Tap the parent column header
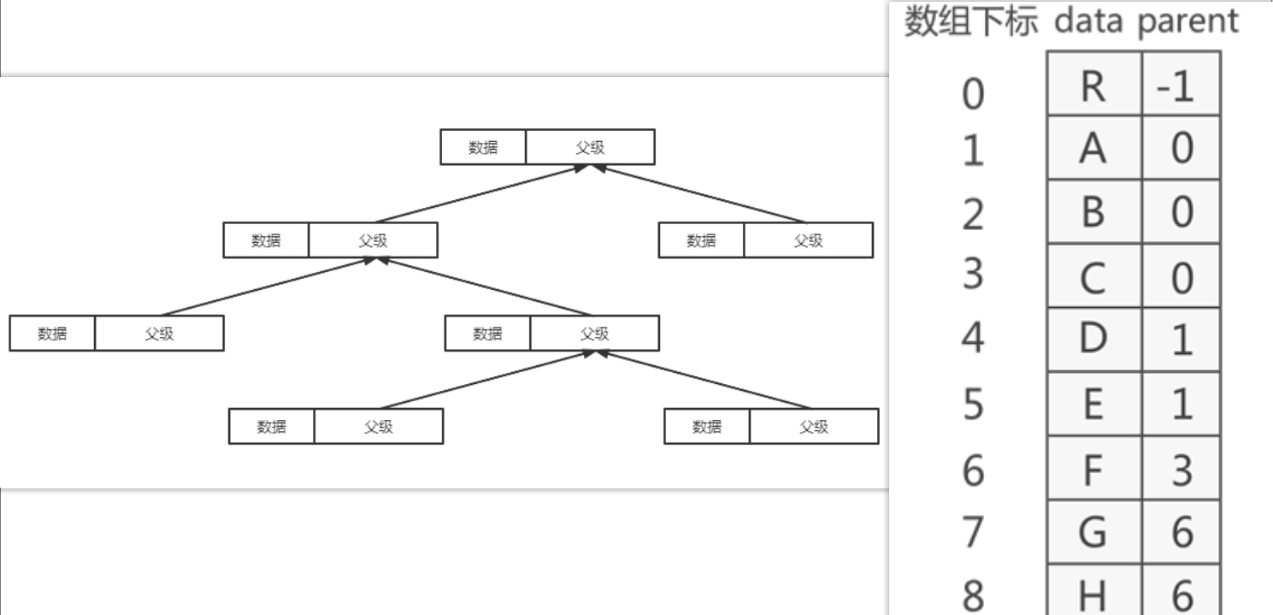pyautogui.click(x=1188, y=21)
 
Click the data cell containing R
pyautogui.click(x=1093, y=86)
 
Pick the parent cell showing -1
pyautogui.click(x=1181, y=86)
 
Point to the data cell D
pyautogui.click(x=1093, y=340)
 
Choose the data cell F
pyautogui.click(x=1093, y=470)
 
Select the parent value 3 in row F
pyautogui.click(x=1181, y=470)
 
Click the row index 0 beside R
pyautogui.click(x=973, y=92)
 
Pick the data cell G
pyautogui.click(x=1093, y=534)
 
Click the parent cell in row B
pyautogui.click(x=1181, y=213)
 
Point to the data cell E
pyautogui.click(x=1093, y=405)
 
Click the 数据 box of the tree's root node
pyautogui.click(x=483, y=147)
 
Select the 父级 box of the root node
pyautogui.click(x=590, y=147)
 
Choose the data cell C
pyautogui.click(x=1093, y=277)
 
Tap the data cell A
pyautogui.click(x=1093, y=150)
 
